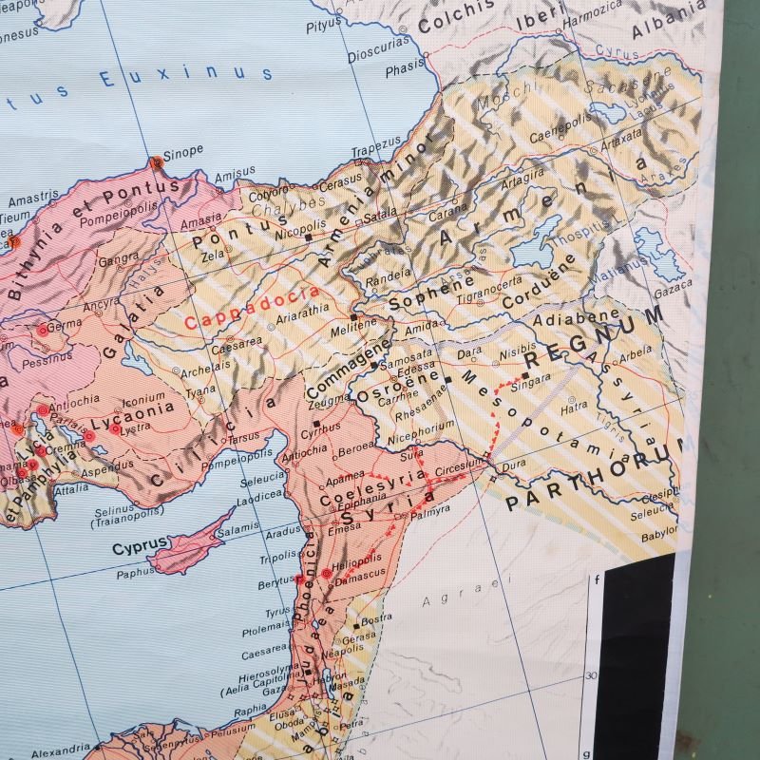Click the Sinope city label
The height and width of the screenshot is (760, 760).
point(183,150)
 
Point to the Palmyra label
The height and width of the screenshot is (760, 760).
point(430,510)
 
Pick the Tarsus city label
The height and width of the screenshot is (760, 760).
point(243,438)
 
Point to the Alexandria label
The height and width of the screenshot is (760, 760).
point(59,752)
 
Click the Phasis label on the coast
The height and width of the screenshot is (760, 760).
point(405,69)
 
